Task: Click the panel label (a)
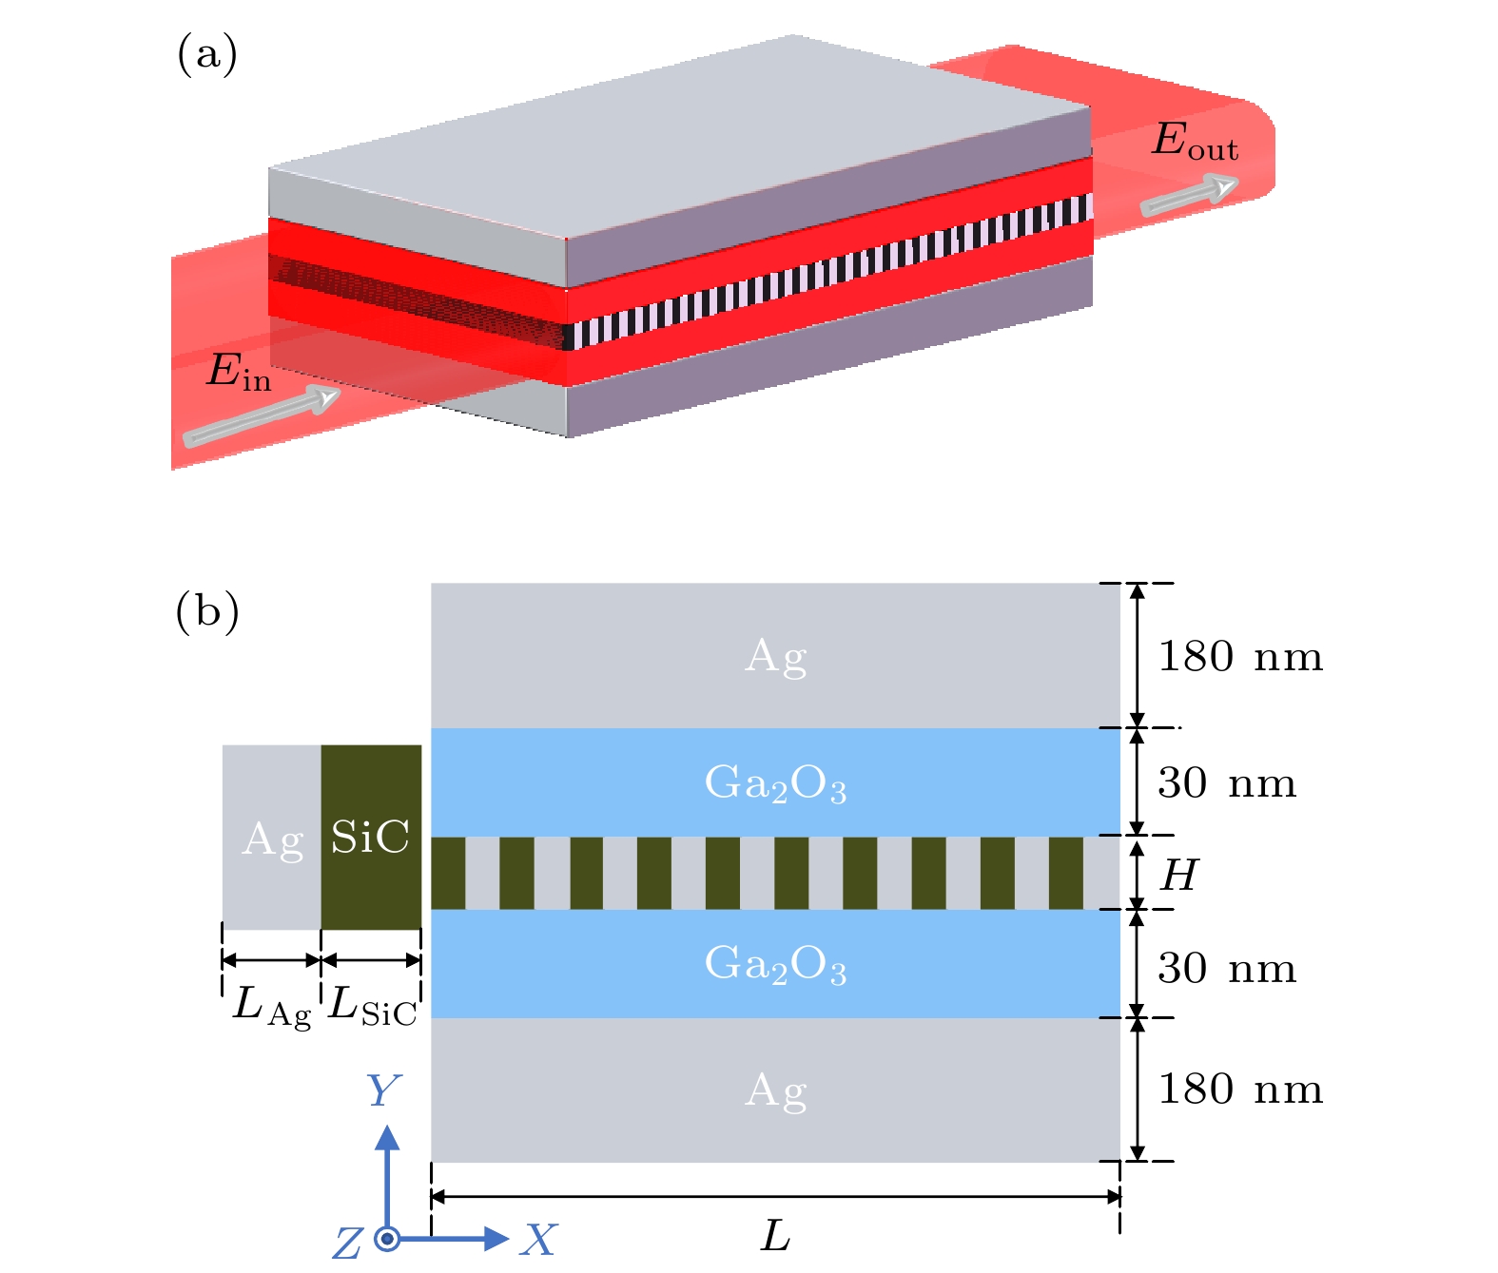pos(206,54)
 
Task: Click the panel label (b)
pos(206,611)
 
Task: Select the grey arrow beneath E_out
pos(1188,196)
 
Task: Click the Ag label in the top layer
pos(776,657)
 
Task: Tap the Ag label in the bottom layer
pos(776,1090)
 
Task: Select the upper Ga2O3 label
pos(775,784)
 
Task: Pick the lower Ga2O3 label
pos(775,964)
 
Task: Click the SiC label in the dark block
pos(370,838)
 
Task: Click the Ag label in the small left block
pos(273,840)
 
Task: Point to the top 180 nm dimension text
pos(1239,657)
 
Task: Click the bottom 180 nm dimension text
pos(1239,1090)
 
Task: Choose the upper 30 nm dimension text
pos(1227,783)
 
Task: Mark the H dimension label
pos(1178,875)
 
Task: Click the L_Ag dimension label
pos(271,1006)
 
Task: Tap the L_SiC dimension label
pos(372,1006)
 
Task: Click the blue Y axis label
pos(383,1091)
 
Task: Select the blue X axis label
pos(539,1240)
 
